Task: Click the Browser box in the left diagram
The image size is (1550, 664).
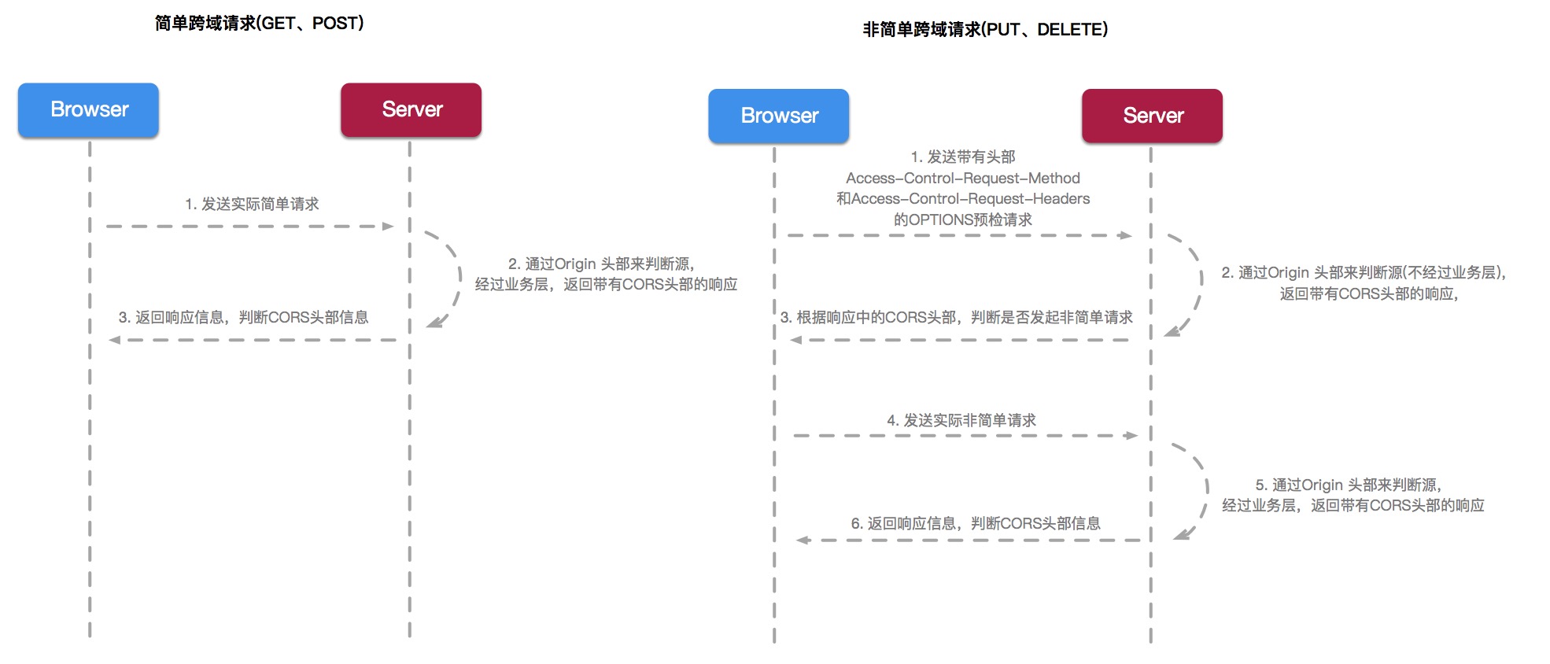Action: [88, 110]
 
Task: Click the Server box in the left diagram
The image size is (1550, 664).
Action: [411, 110]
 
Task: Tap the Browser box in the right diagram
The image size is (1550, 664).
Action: [778, 116]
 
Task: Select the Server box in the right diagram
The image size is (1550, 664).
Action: [1152, 116]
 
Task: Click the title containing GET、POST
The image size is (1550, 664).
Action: [259, 24]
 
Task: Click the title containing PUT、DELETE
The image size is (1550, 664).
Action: [985, 30]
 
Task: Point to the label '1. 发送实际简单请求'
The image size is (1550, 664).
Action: [252, 205]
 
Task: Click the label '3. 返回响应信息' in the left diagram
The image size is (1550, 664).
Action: [243, 318]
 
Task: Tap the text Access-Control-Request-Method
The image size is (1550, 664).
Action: [962, 179]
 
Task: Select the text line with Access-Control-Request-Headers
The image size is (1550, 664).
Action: [962, 199]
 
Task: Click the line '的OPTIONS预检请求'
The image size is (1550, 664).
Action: [962, 220]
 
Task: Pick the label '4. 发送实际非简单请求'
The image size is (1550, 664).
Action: [961, 421]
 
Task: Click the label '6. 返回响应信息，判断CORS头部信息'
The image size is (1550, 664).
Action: [975, 524]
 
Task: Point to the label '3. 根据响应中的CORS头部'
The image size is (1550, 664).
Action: [956, 318]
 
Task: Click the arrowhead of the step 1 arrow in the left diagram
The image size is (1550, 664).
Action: [388, 227]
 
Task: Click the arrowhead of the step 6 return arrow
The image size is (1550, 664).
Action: [803, 540]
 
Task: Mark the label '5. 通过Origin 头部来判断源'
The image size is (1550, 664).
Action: [1348, 485]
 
